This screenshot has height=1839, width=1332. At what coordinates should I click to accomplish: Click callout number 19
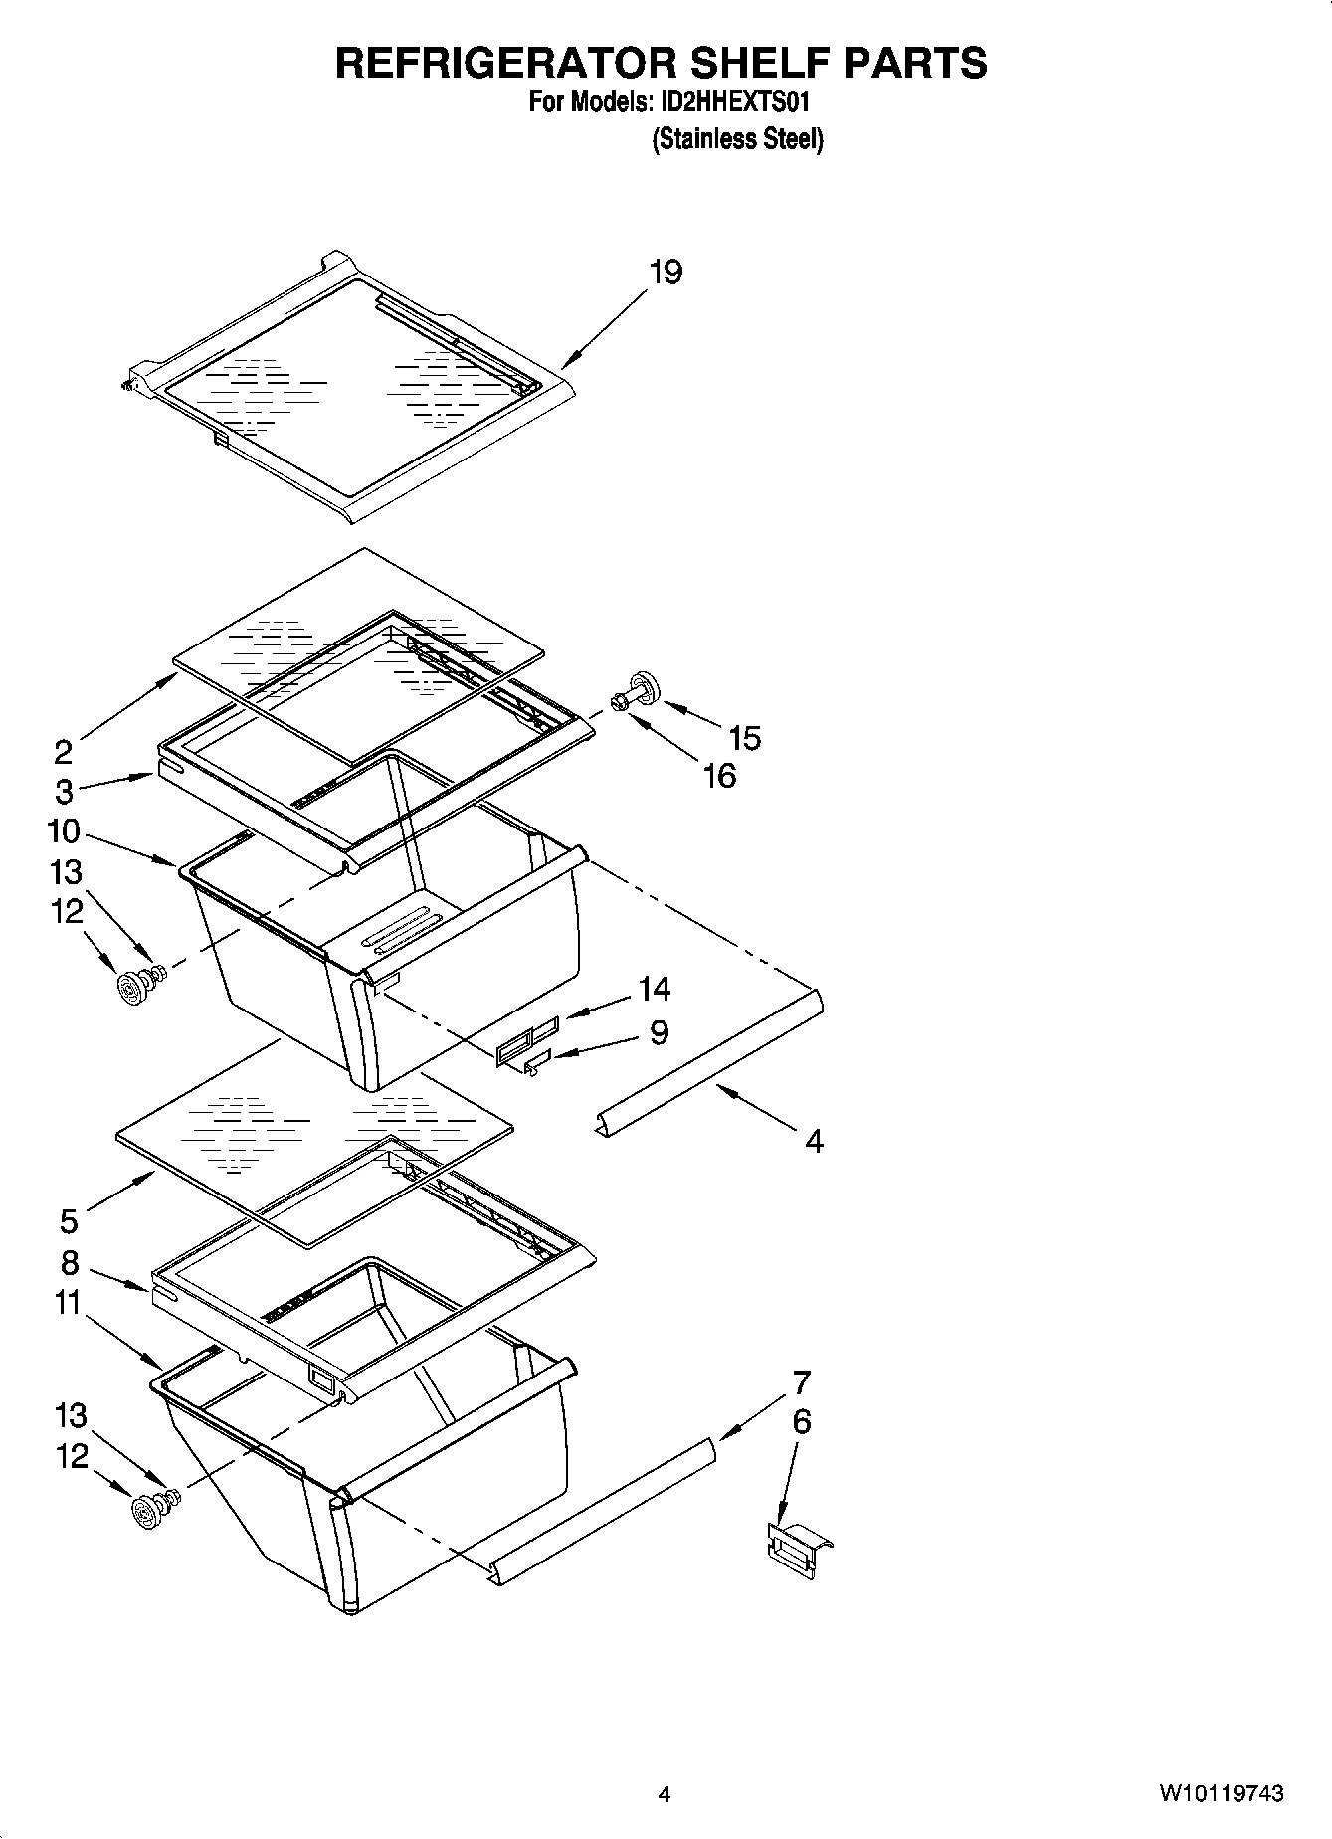(666, 272)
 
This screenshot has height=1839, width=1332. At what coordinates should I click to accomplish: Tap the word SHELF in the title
(758, 62)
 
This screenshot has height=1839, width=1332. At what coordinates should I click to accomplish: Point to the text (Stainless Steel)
(737, 139)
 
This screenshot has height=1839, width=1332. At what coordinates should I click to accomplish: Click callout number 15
(744, 737)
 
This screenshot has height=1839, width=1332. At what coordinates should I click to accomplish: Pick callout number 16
(719, 775)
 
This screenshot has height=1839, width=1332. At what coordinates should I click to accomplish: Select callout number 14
(654, 989)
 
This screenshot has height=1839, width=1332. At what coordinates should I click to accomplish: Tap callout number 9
(659, 1032)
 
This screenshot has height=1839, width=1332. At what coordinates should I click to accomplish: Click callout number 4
(814, 1141)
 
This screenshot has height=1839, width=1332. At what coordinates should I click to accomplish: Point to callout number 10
(63, 830)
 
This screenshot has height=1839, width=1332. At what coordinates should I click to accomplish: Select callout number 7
(801, 1382)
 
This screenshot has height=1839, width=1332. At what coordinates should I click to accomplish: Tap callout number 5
(69, 1219)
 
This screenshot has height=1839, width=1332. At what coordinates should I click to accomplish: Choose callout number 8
(69, 1263)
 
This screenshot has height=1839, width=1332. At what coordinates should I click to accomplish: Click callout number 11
(67, 1302)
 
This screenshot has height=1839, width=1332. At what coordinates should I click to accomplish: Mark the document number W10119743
(1220, 1793)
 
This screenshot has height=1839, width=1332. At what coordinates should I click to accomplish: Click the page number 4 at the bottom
(664, 1794)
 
